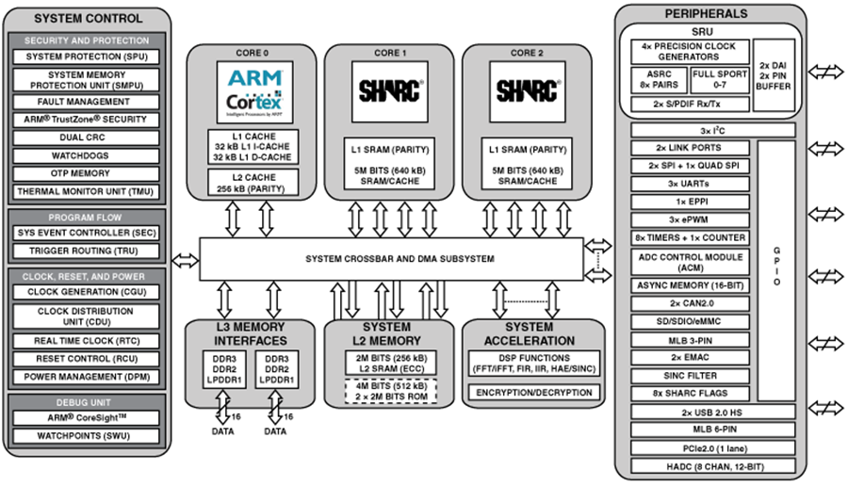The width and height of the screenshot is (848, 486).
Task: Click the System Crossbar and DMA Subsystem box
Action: (391, 259)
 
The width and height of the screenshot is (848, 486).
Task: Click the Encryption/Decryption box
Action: (534, 393)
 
